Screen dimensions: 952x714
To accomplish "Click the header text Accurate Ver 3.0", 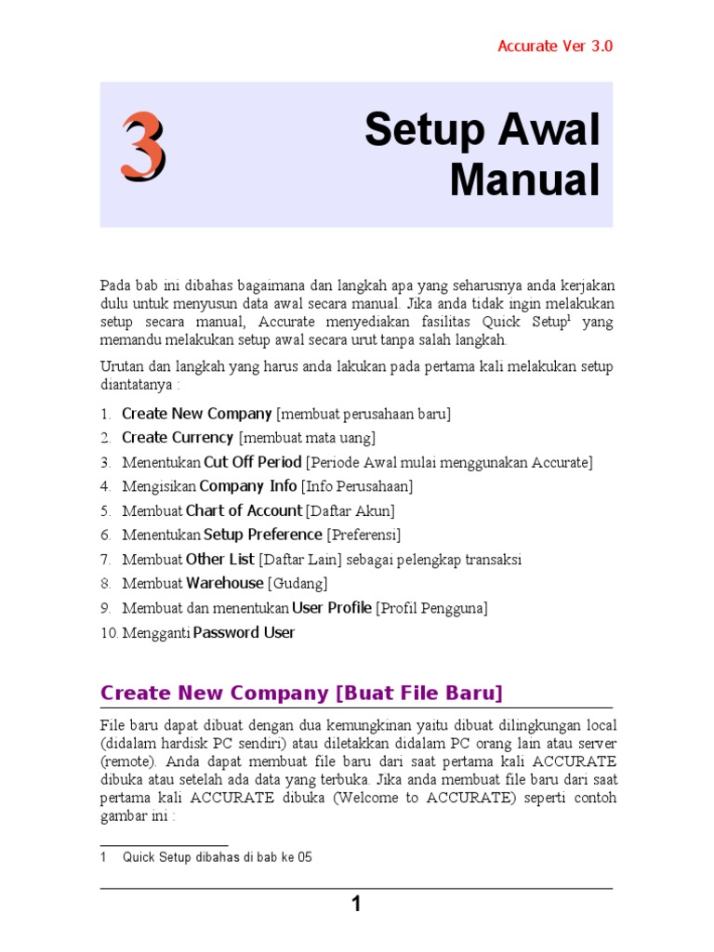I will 555,46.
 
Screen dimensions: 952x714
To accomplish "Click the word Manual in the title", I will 524,179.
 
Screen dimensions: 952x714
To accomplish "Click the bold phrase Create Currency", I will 178,438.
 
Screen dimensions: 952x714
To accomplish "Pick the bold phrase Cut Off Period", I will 253,462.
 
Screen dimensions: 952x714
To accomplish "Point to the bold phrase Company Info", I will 248,486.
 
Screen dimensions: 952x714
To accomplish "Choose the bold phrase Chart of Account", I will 244,510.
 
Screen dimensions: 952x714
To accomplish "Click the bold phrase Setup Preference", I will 263,535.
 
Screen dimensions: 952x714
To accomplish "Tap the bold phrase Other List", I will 219,560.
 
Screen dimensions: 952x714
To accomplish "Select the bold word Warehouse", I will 224,584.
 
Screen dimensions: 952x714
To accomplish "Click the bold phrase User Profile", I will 332,608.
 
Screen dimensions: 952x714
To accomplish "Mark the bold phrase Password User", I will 244,633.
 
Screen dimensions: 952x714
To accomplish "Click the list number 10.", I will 108,633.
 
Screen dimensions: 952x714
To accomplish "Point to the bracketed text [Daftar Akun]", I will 350,511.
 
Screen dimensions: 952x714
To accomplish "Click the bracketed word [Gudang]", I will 297,584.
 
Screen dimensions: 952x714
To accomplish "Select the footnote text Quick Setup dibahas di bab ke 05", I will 217,857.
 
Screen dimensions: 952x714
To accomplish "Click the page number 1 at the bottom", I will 356,905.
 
